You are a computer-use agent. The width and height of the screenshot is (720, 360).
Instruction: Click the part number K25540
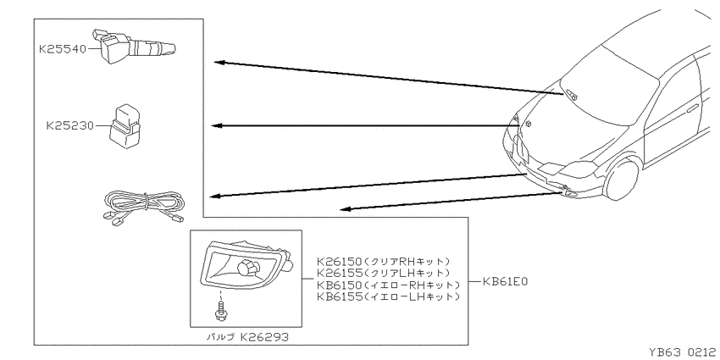[63, 48]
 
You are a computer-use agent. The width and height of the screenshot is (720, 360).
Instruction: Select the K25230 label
[69, 125]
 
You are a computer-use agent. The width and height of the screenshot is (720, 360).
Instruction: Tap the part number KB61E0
[505, 281]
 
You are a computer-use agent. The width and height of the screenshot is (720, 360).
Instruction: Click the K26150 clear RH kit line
[383, 261]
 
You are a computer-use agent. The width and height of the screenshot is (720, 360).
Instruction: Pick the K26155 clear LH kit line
[383, 274]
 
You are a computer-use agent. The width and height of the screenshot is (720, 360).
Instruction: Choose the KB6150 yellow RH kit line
[388, 285]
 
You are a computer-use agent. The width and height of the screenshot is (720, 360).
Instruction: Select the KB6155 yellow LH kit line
[388, 296]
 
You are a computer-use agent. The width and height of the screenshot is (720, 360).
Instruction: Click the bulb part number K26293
[264, 337]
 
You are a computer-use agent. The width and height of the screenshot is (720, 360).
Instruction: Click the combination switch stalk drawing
[134, 46]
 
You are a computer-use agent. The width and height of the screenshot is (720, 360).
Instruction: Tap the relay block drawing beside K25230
[124, 128]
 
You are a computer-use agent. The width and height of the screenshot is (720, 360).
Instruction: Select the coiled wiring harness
[143, 208]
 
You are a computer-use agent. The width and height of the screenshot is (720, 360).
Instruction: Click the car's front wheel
[623, 179]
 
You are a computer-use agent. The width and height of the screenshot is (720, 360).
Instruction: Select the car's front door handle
[692, 108]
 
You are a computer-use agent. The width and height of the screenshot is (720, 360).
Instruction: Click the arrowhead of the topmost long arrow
[219, 62]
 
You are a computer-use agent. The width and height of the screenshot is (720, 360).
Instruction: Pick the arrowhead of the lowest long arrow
[346, 209]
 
